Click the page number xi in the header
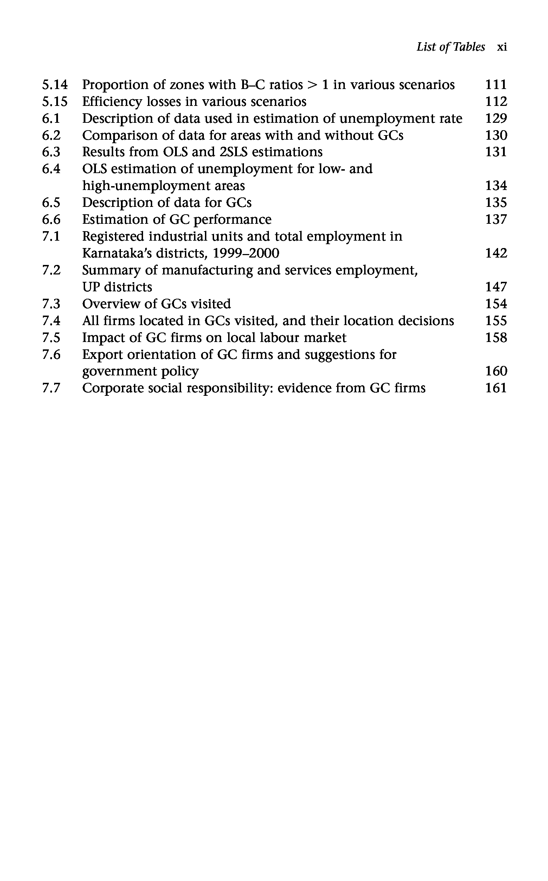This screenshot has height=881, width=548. (502, 47)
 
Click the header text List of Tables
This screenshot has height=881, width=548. (451, 47)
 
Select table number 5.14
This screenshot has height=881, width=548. (55, 85)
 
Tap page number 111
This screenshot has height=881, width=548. (496, 85)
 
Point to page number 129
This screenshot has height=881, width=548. (496, 119)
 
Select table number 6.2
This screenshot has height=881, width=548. (51, 136)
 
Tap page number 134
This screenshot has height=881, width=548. (496, 186)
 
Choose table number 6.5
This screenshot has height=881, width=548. (51, 203)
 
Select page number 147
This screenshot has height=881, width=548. (496, 287)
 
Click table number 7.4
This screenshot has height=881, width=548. (51, 321)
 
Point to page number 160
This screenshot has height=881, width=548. (496, 372)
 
